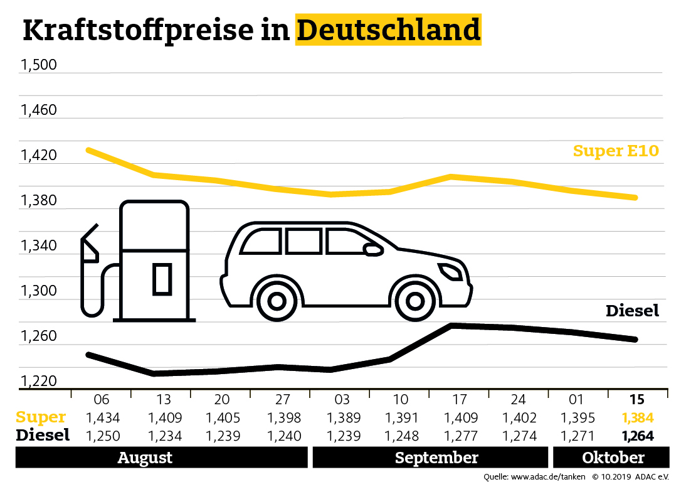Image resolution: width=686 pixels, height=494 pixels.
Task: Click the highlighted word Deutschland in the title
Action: [388, 30]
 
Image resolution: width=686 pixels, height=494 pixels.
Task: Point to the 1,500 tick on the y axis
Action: [39, 65]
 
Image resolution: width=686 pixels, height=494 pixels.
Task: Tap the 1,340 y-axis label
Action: [39, 246]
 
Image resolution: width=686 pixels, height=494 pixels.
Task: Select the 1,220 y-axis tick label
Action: [39, 382]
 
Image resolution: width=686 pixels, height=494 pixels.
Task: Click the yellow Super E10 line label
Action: [616, 151]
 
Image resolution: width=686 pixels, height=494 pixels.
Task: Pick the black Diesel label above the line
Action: [632, 311]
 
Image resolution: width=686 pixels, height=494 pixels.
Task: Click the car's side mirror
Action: [374, 250]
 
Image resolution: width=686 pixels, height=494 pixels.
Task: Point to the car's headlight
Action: [451, 272]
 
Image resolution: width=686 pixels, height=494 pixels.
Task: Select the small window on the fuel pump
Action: [162, 279]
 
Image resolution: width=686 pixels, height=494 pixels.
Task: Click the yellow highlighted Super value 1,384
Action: [636, 418]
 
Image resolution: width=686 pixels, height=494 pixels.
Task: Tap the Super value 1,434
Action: [102, 418]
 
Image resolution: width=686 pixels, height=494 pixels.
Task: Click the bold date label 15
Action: [636, 399]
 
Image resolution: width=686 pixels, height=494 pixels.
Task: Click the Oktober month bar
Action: [611, 458]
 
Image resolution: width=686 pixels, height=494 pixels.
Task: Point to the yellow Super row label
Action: [41, 417]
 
